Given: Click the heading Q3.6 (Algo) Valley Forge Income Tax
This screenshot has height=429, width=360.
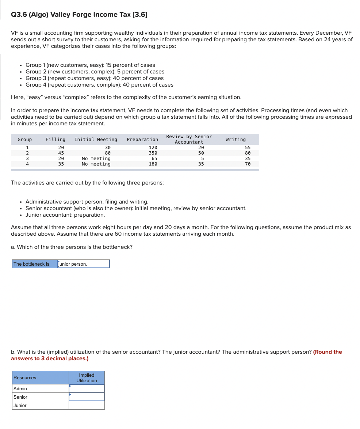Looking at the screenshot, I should coord(79,15).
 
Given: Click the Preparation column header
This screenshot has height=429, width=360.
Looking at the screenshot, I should coord(142,140).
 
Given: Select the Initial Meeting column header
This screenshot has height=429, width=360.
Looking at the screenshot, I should coord(96,140).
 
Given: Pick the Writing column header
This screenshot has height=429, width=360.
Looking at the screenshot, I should coord(235,140).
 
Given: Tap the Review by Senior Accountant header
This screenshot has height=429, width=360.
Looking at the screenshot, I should coord(189,139).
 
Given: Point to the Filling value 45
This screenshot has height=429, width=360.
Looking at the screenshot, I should coord(61,153).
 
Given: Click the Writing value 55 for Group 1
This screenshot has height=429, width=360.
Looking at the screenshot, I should coord(248,148).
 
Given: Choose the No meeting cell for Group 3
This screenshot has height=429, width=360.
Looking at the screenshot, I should coord(96,159).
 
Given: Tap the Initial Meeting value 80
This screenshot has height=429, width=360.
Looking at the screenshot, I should coord(107,153).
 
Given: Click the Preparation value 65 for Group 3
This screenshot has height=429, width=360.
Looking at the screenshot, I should coord(154,159).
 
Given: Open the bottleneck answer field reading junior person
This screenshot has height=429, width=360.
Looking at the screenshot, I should coord(84,264).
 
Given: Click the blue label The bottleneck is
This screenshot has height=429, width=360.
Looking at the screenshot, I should coord(31,264).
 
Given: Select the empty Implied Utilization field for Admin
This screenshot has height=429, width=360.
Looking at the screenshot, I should coord(87,388).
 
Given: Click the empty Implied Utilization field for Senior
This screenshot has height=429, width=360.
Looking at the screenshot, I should coord(87,397).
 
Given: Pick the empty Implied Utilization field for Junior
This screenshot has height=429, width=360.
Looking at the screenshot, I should coord(87,405).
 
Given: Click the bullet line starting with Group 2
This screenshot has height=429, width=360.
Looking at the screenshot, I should coord(95,72).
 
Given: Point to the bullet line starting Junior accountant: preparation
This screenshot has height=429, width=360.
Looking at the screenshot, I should coord(65,215).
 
